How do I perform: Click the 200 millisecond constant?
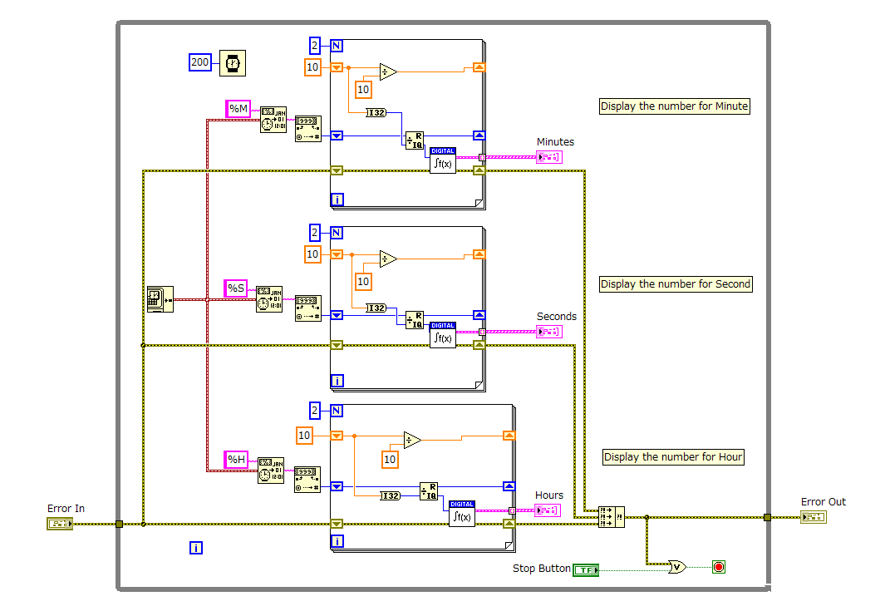tap(200, 62)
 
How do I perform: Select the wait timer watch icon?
tap(233, 62)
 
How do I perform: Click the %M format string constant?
tap(238, 109)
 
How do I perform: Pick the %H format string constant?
tap(237, 460)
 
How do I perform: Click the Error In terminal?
tap(61, 524)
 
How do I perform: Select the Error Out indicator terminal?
tap(813, 517)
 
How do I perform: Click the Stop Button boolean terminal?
tap(585, 569)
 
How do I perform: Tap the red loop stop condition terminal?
tap(719, 567)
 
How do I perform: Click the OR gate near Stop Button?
tap(678, 567)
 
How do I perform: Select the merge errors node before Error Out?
tap(612, 517)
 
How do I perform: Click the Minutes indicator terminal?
tap(549, 157)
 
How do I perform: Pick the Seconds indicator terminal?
tap(549, 332)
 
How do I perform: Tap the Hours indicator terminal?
tap(548, 510)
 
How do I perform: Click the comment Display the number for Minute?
tap(675, 106)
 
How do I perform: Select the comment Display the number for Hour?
tap(673, 457)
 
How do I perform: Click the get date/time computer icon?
tap(159, 298)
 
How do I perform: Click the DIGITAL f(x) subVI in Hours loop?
tap(462, 513)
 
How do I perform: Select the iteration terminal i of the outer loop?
tap(196, 547)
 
